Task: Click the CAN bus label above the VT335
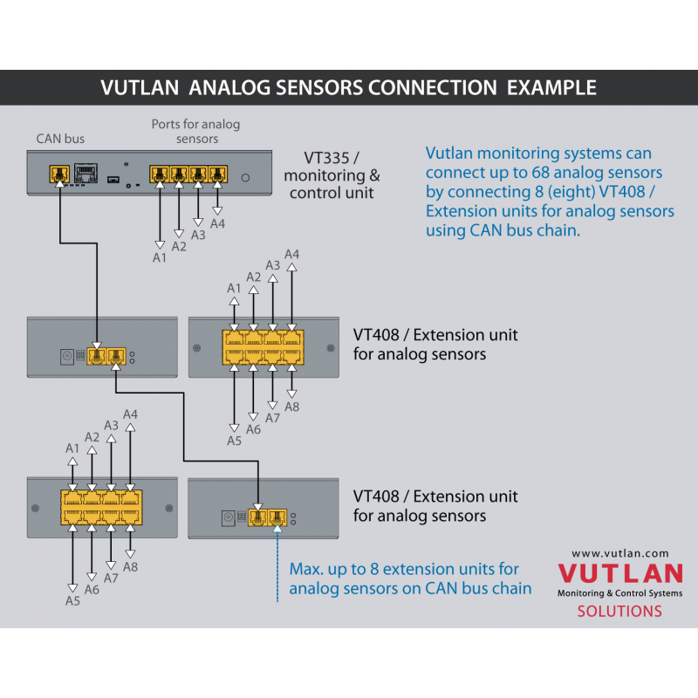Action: [x=60, y=139]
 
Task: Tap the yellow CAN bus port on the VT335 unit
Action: [x=59, y=173]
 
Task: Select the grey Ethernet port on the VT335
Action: [x=86, y=173]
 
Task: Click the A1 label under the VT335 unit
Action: [x=160, y=257]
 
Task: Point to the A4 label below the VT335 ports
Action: [x=217, y=224]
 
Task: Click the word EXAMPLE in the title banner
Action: [x=551, y=88]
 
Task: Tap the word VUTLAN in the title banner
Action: [x=140, y=88]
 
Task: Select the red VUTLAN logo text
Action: [x=620, y=573]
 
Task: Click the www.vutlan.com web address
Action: [x=620, y=553]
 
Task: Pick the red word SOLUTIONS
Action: [x=619, y=612]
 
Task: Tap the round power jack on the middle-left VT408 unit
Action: [x=67, y=356]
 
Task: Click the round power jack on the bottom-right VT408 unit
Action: [x=229, y=517]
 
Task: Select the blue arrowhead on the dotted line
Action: [x=277, y=529]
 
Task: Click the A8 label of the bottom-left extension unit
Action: [x=130, y=567]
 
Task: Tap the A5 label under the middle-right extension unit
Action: [x=234, y=441]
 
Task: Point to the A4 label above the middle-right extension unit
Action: [x=291, y=254]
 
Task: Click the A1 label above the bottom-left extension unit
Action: [x=72, y=448]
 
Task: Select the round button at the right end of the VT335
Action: [x=245, y=178]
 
